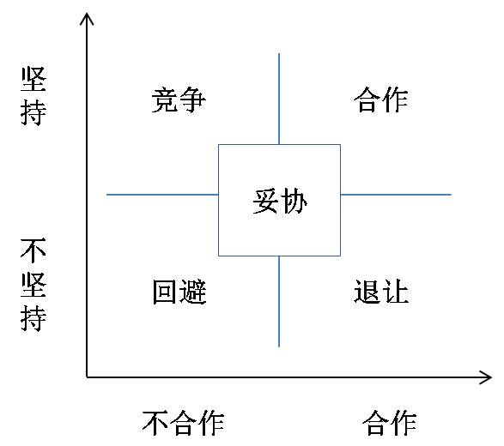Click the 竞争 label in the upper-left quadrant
pyautogui.click(x=179, y=99)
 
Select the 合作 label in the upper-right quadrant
pyautogui.click(x=381, y=99)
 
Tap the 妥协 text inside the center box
pyautogui.click(x=280, y=201)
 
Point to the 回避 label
pyautogui.click(x=179, y=292)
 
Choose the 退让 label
pyautogui.click(x=381, y=292)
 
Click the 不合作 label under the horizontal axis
pyautogui.click(x=183, y=423)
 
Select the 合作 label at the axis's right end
pyautogui.click(x=390, y=423)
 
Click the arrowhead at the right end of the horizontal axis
pyautogui.click(x=490, y=377)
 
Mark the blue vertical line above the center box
pyautogui.click(x=279, y=99)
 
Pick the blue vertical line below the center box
pyautogui.click(x=279, y=301)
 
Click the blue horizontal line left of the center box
pyautogui.click(x=162, y=195)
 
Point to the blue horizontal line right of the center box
pyautogui.click(x=396, y=195)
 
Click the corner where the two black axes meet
pyautogui.click(x=87, y=377)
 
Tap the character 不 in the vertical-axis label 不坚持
pyautogui.click(x=33, y=250)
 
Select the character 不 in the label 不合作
pyautogui.click(x=156, y=423)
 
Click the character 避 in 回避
pyautogui.click(x=193, y=292)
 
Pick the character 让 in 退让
pyautogui.click(x=395, y=292)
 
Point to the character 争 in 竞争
pyautogui.click(x=192, y=99)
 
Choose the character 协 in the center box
pyautogui.click(x=294, y=201)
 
